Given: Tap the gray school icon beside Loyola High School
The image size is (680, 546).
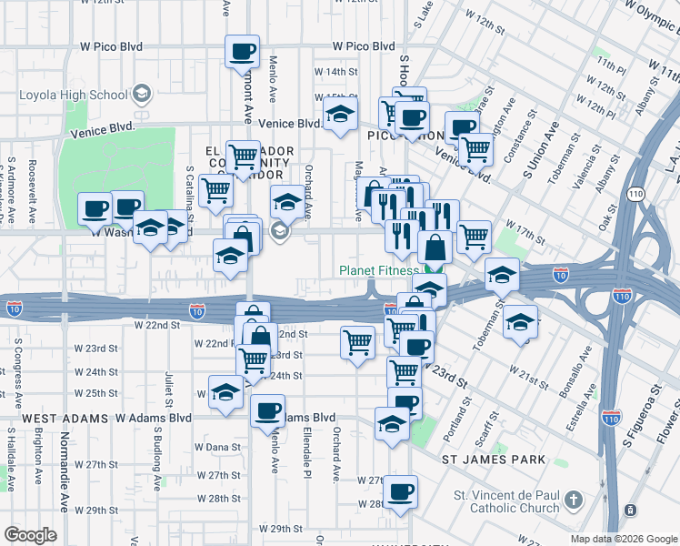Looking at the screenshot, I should click(142, 93).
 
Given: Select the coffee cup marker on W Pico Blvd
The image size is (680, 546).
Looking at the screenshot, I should click(242, 52).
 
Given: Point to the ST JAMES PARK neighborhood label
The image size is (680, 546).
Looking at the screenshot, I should click(494, 460).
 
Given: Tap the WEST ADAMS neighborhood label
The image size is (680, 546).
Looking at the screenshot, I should click(55, 418).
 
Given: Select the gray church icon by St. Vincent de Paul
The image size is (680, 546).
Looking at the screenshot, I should click(573, 500).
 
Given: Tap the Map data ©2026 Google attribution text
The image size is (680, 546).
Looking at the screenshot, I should click(623, 539).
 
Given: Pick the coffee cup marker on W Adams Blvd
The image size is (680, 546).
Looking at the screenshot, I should click(267, 411).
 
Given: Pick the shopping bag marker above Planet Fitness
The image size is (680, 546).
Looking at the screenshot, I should click(435, 247).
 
